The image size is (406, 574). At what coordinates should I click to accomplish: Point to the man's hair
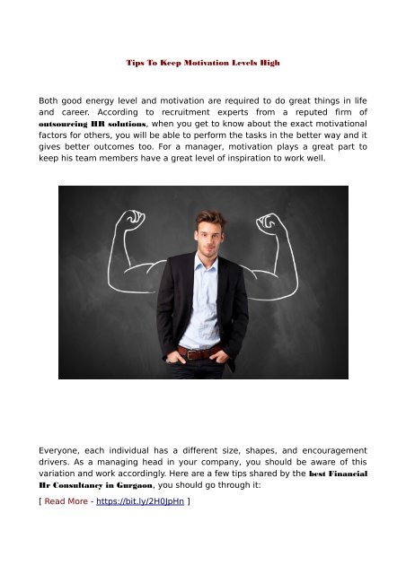click(x=210, y=219)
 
